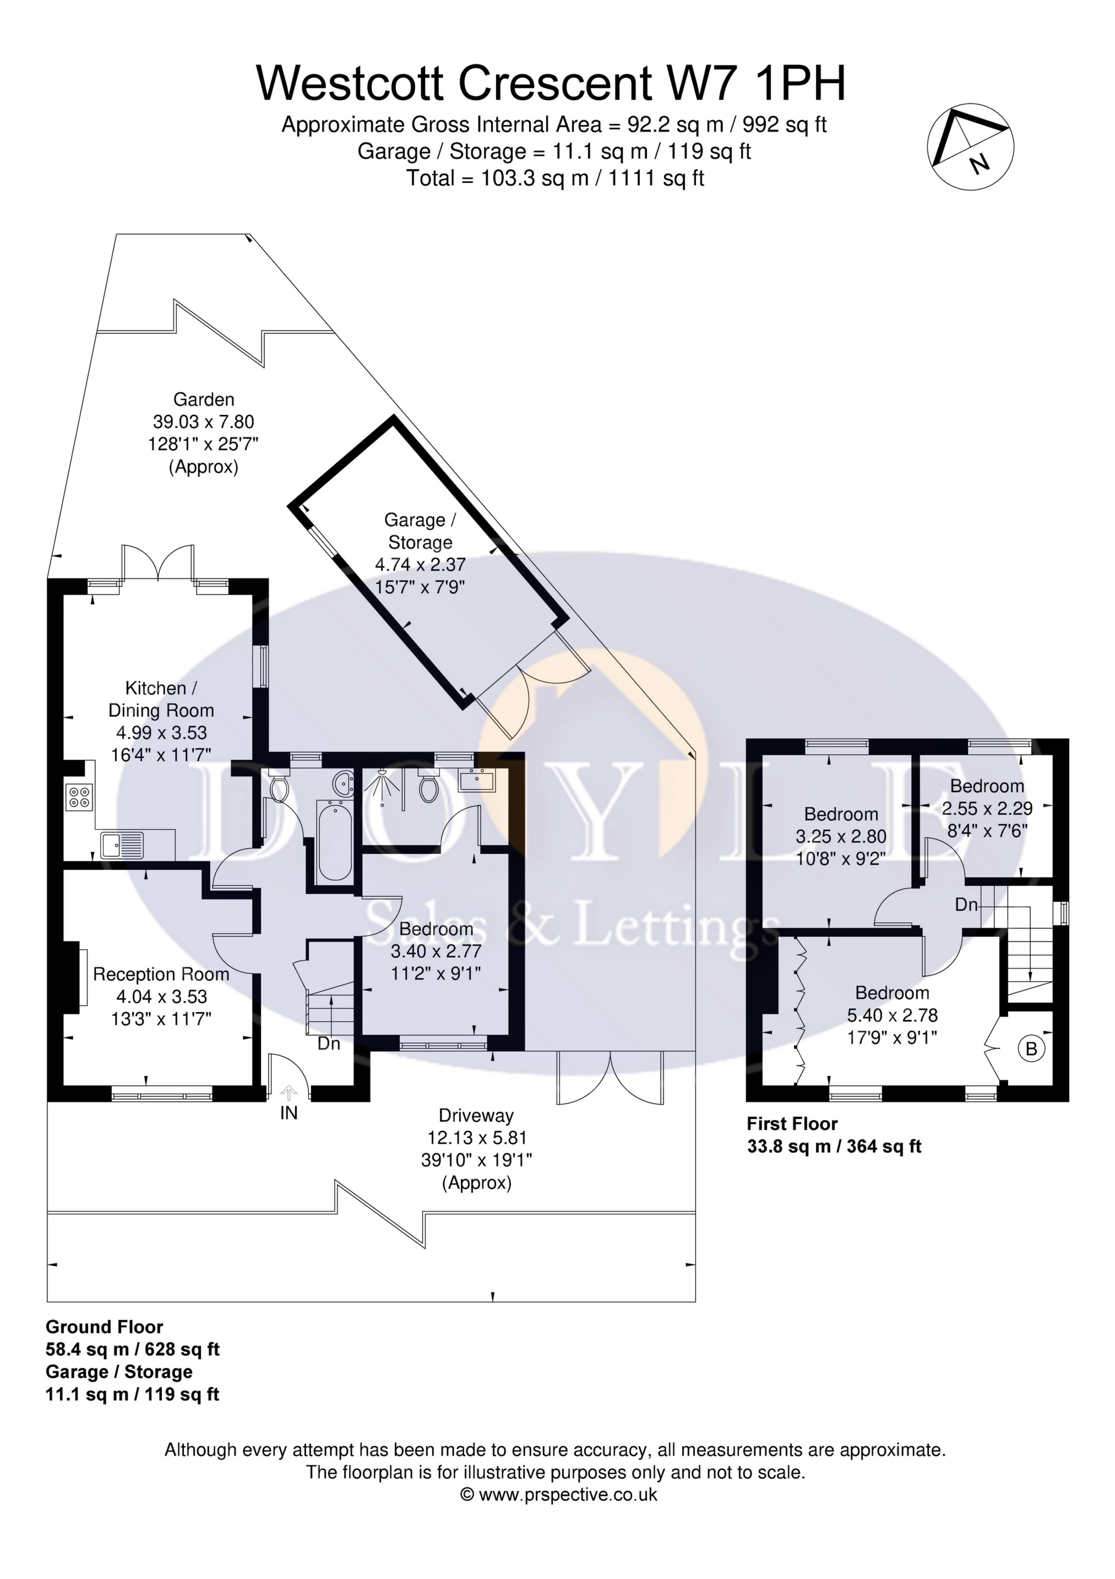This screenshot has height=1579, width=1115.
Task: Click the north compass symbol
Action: [x=970, y=147]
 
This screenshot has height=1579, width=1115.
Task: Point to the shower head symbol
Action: [x=383, y=786]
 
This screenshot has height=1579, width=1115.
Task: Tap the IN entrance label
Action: [x=289, y=1113]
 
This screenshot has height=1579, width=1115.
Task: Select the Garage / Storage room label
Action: [x=420, y=531]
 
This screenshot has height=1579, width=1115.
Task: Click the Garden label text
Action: [x=204, y=399]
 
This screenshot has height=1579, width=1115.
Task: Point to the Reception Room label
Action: [x=161, y=975]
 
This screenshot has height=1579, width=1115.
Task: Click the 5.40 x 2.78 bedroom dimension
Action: [x=892, y=1015]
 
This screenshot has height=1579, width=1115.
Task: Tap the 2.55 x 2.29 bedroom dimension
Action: [x=987, y=808]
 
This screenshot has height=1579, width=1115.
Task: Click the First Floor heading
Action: [x=792, y=1124]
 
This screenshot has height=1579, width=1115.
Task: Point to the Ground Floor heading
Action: [x=105, y=1327]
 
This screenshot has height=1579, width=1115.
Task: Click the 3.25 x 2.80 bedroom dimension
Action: [x=841, y=836]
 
